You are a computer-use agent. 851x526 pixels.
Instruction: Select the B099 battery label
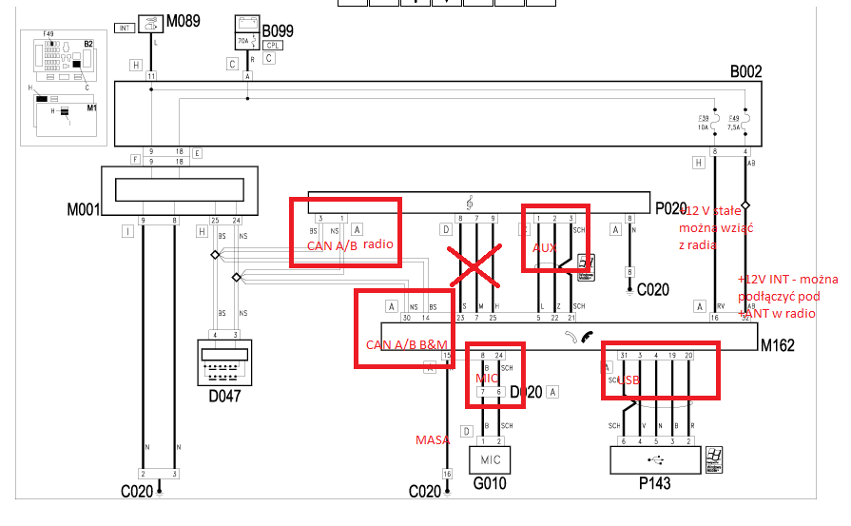pyautogui.click(x=278, y=30)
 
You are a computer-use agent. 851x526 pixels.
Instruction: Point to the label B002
pyautogui.click(x=745, y=71)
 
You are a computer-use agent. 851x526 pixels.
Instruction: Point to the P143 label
pyautogui.click(x=654, y=483)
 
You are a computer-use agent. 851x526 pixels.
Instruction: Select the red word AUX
pyautogui.click(x=545, y=246)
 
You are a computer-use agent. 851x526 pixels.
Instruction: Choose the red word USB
pyautogui.click(x=629, y=380)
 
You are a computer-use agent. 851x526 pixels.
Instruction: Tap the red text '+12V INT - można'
pyautogui.click(x=788, y=280)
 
